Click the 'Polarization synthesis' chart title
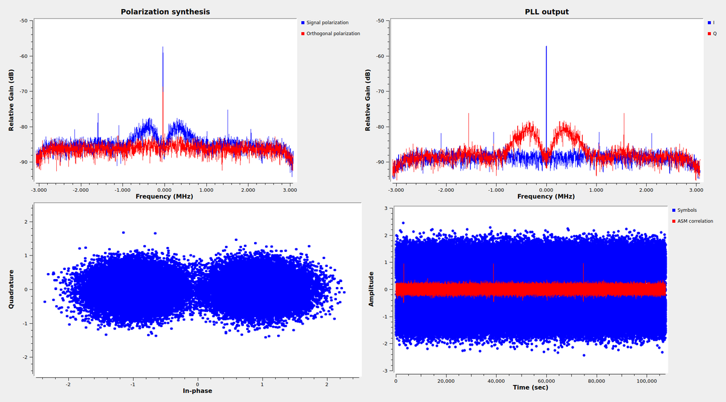[x=165, y=12]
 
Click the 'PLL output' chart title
[x=546, y=12]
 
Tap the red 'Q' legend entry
[x=714, y=33]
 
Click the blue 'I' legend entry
[x=713, y=22]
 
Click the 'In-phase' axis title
[x=197, y=390]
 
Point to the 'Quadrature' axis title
[x=11, y=289]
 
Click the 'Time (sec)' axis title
[x=530, y=387]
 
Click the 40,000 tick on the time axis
[x=496, y=380]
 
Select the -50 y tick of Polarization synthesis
[x=24, y=21]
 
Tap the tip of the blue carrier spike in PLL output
[x=546, y=46]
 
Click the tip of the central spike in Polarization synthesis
[x=163, y=47]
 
